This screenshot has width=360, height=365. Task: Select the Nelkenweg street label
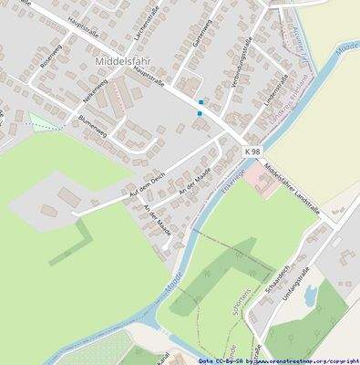tap(97, 99)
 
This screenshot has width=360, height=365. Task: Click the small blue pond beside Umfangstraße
tap(311, 294)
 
